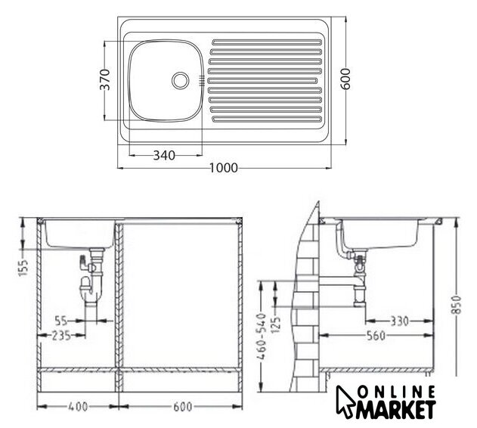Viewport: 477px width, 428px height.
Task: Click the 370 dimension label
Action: (x=105, y=79)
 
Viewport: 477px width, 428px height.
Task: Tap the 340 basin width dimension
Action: (x=164, y=156)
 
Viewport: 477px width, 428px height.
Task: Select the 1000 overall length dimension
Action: (x=224, y=168)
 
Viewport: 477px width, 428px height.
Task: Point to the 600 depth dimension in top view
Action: (x=345, y=79)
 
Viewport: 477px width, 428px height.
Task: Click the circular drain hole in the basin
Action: (x=181, y=80)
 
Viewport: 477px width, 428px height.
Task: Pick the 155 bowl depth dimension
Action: (x=24, y=268)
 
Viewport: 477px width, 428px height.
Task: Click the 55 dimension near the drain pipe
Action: (x=61, y=321)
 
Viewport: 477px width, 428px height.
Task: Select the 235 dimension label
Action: (x=61, y=336)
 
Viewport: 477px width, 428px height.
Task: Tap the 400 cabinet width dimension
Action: (x=78, y=407)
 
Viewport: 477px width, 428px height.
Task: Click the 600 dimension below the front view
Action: (x=183, y=407)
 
